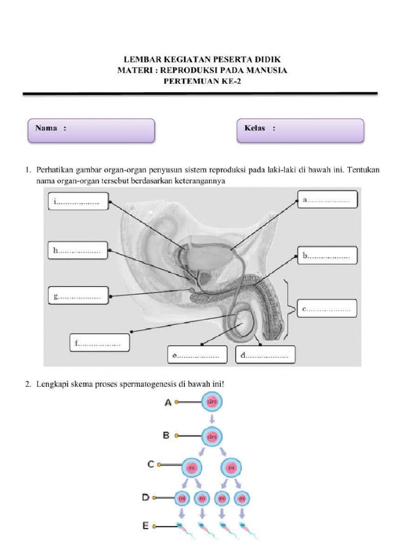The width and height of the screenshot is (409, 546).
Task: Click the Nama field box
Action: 91,130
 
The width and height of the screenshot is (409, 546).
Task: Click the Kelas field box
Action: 300,130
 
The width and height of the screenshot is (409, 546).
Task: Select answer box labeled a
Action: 327,200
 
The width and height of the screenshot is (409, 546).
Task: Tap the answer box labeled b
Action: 327,255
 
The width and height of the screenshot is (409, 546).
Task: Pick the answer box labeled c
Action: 327,308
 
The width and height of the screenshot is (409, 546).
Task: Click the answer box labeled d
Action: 265,355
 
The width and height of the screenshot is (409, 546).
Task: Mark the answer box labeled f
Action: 99,343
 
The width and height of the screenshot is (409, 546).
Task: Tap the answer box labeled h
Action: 77,250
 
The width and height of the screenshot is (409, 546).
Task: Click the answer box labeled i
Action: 77,202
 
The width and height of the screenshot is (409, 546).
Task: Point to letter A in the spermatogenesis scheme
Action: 168,403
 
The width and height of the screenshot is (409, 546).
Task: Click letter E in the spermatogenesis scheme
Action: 145,526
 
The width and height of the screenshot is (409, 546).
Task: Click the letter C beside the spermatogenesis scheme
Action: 151,464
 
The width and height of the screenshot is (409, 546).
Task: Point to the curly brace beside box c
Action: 291,308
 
